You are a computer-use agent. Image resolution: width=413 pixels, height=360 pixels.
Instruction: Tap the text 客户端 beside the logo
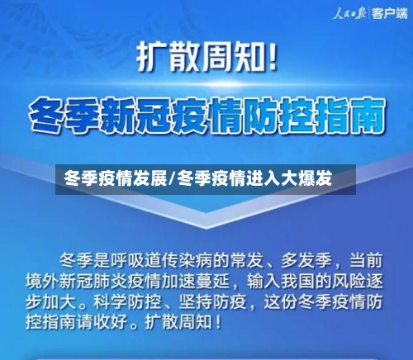(x=387, y=13)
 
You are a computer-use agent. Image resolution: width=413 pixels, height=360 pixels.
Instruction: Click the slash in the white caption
(x=171, y=178)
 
